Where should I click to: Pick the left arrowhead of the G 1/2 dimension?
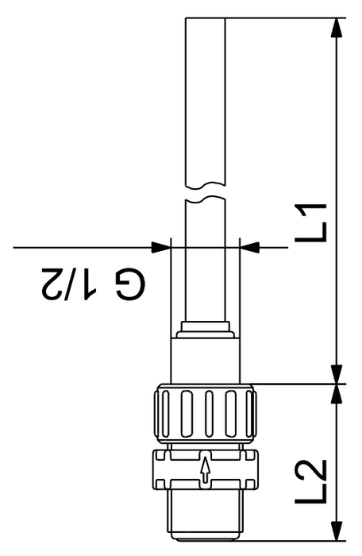tap(164, 248)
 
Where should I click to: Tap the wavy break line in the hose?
tap(205, 194)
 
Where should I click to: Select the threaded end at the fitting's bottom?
tap(206, 516)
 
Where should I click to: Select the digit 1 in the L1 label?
tap(317, 210)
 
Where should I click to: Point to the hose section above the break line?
tap(205, 103)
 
